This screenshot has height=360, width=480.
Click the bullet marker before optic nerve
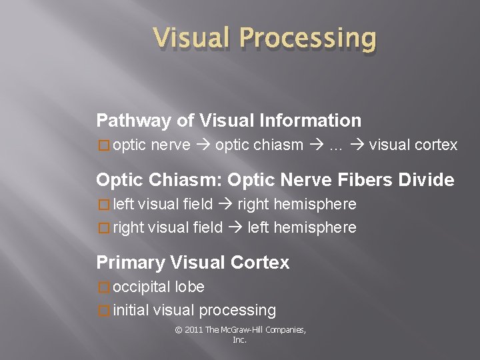[103, 145]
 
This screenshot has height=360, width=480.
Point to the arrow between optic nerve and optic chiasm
[203, 145]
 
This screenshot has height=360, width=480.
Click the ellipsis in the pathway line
[336, 145]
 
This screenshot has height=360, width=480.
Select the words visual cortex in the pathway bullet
[413, 145]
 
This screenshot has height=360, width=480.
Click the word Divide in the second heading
[426, 180]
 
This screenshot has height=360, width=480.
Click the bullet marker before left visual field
[103, 204]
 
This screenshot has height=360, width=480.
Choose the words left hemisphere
[302, 227]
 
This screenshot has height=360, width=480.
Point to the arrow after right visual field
[235, 227]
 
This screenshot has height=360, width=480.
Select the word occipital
[142, 287]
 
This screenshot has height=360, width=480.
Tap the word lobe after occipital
[190, 287]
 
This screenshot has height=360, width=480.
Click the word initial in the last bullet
[131, 310]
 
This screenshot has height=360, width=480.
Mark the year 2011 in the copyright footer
[193, 330]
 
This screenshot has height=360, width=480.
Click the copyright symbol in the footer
[178, 330]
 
